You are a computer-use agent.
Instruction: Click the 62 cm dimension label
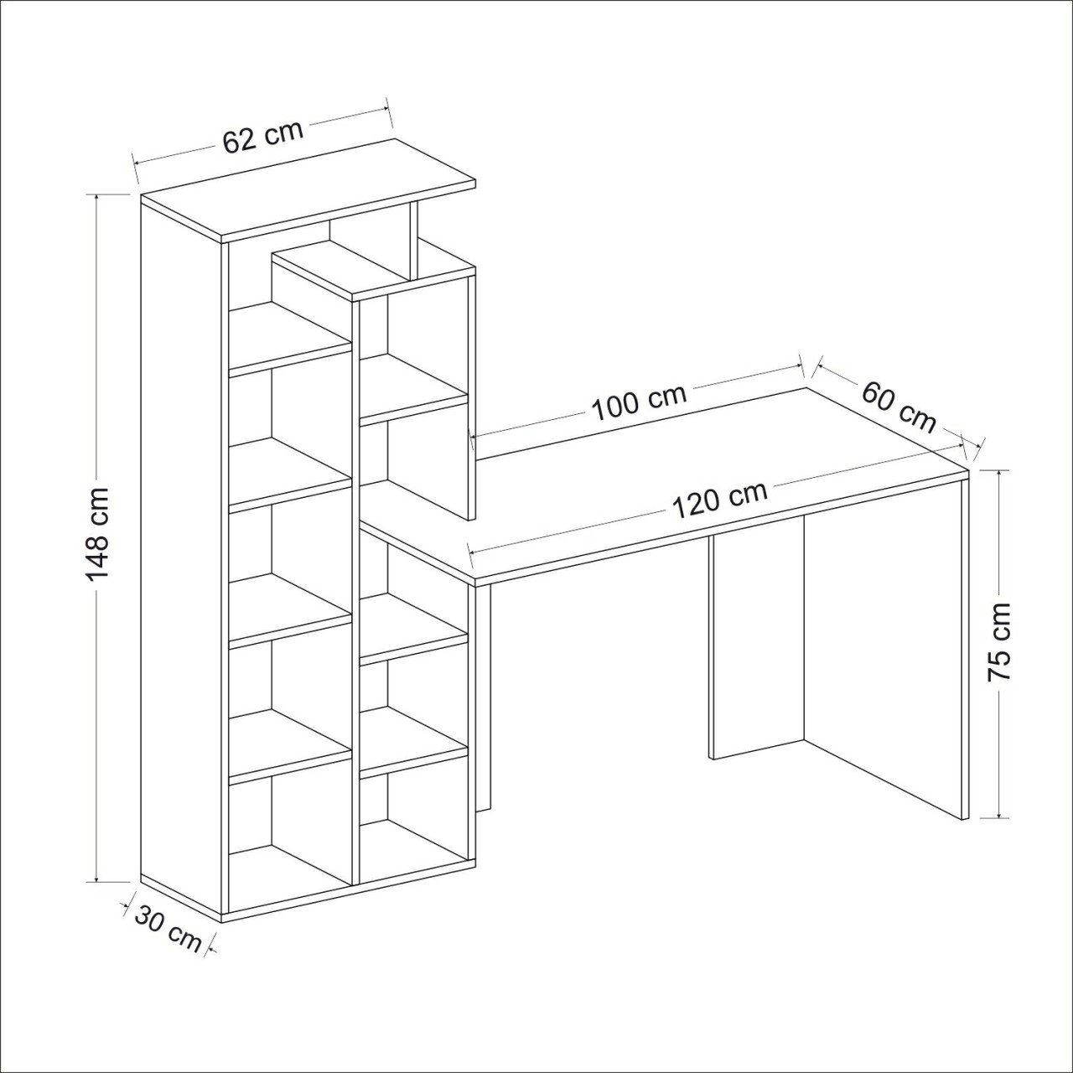tap(263, 140)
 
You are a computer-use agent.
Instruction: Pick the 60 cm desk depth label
tap(898, 407)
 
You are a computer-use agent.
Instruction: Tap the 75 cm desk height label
tap(999, 642)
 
